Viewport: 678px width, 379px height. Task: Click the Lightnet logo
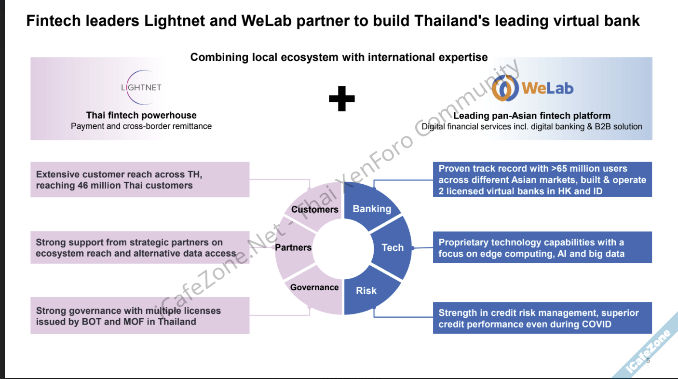click(x=141, y=87)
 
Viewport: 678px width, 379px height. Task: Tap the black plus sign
click(x=341, y=98)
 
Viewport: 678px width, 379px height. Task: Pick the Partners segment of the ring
click(x=293, y=247)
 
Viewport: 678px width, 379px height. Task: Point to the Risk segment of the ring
click(x=367, y=291)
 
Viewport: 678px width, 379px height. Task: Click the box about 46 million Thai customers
click(x=140, y=180)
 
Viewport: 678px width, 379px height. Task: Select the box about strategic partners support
click(x=140, y=248)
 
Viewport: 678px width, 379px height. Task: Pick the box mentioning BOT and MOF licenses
click(x=140, y=316)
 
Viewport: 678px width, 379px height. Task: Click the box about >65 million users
click(x=542, y=180)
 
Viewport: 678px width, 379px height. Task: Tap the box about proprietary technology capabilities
click(x=542, y=248)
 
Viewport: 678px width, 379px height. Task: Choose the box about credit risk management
click(x=542, y=318)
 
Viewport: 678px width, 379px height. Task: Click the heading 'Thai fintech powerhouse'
click(x=141, y=115)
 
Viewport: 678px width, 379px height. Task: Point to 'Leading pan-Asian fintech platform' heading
click(x=532, y=116)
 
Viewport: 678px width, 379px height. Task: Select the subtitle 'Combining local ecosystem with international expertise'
click(x=339, y=57)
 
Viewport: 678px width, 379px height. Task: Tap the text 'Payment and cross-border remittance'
click(x=141, y=126)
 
